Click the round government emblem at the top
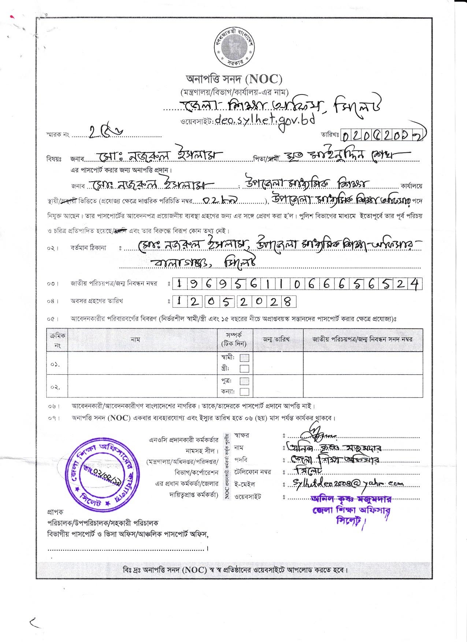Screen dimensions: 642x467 click(x=234, y=47)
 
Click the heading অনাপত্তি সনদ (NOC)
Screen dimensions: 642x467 click(x=234, y=79)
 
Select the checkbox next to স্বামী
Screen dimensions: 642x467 click(x=245, y=357)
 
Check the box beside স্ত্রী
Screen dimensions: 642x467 click(x=245, y=368)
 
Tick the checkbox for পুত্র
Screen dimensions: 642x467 click(x=245, y=381)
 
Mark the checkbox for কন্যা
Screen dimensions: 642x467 click(x=245, y=392)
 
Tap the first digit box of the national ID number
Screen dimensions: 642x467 click(x=179, y=284)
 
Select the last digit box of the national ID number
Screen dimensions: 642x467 click(x=415, y=284)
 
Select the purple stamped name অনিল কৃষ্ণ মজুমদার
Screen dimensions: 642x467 click(x=351, y=499)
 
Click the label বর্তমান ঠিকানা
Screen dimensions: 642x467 click(x=88, y=248)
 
